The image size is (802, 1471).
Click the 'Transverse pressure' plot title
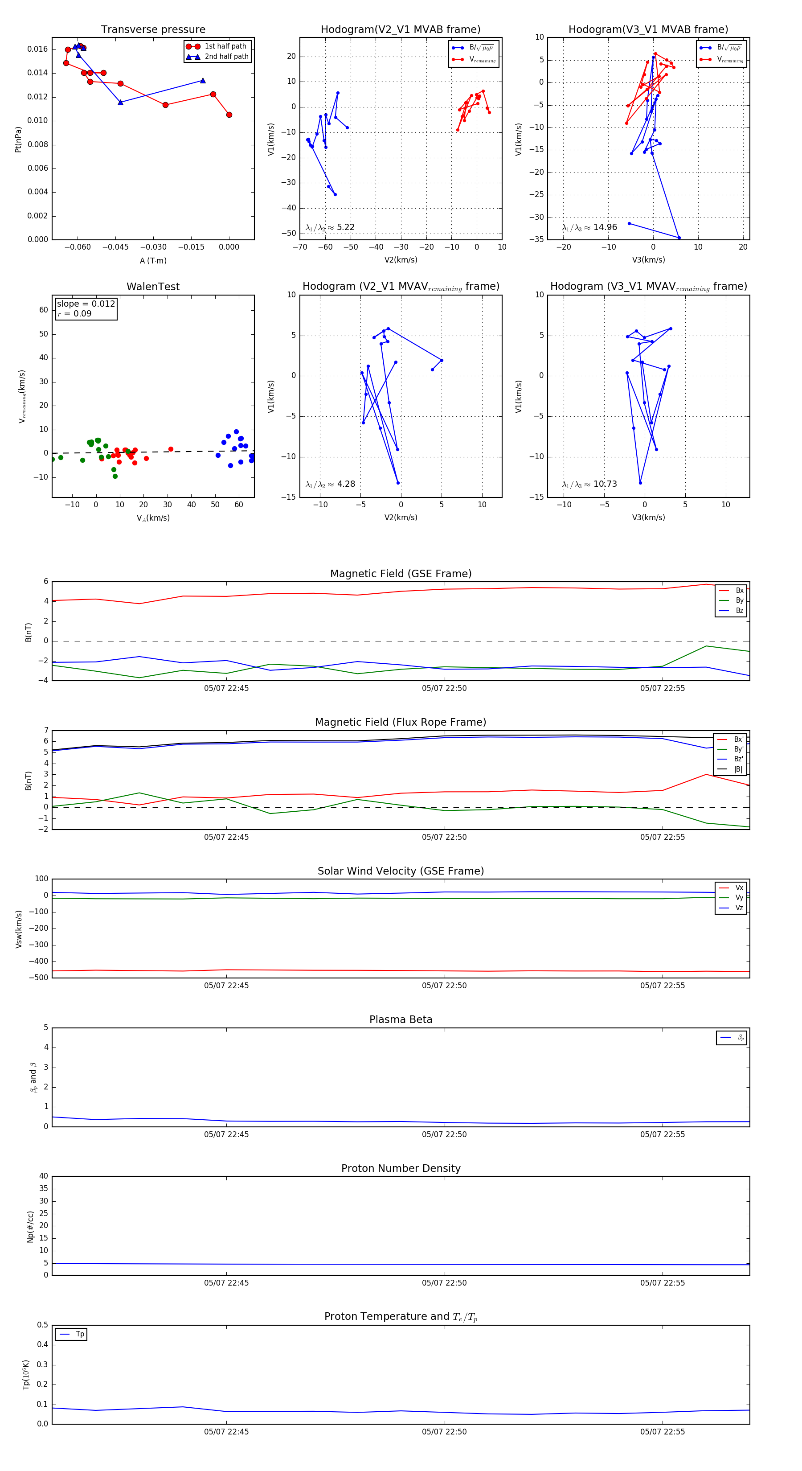pyautogui.click(x=153, y=30)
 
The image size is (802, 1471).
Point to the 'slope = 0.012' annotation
pyautogui.click(x=86, y=304)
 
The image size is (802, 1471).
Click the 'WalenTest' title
pyautogui.click(x=153, y=287)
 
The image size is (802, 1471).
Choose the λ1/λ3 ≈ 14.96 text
pyautogui.click(x=589, y=227)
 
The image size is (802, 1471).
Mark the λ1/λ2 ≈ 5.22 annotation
pyautogui.click(x=330, y=227)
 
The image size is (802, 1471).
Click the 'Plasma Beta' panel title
pyautogui.click(x=401, y=1019)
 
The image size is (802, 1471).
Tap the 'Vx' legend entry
pyautogui.click(x=739, y=888)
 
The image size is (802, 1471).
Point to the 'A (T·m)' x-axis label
pyautogui.click(x=153, y=260)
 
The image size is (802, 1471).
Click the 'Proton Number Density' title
pyautogui.click(x=401, y=1168)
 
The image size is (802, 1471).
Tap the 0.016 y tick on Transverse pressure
pyautogui.click(x=38, y=49)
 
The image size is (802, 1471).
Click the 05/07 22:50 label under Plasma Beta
pyautogui.click(x=444, y=1134)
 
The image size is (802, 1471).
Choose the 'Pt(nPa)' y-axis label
pyautogui.click(x=18, y=139)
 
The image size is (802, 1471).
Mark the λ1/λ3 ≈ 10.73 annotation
pyautogui.click(x=589, y=484)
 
